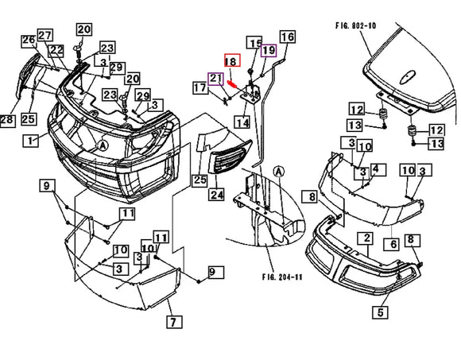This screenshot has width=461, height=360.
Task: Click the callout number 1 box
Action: coord(31,141)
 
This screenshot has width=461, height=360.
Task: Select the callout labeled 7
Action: coord(174,322)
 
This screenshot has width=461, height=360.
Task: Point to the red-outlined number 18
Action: coord(231,61)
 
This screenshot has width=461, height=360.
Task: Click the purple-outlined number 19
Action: coord(268,50)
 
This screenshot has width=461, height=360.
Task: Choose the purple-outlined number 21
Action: coord(215,78)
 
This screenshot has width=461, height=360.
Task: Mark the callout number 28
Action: coord(7,120)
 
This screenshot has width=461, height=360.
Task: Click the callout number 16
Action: coord(287,37)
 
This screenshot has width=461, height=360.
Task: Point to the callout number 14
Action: coord(242,123)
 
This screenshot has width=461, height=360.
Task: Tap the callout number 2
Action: coord(367,238)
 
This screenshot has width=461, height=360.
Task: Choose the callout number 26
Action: coord(29,41)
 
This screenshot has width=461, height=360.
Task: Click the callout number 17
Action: coord(201,89)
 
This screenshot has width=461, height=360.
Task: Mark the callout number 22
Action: coord(56,49)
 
